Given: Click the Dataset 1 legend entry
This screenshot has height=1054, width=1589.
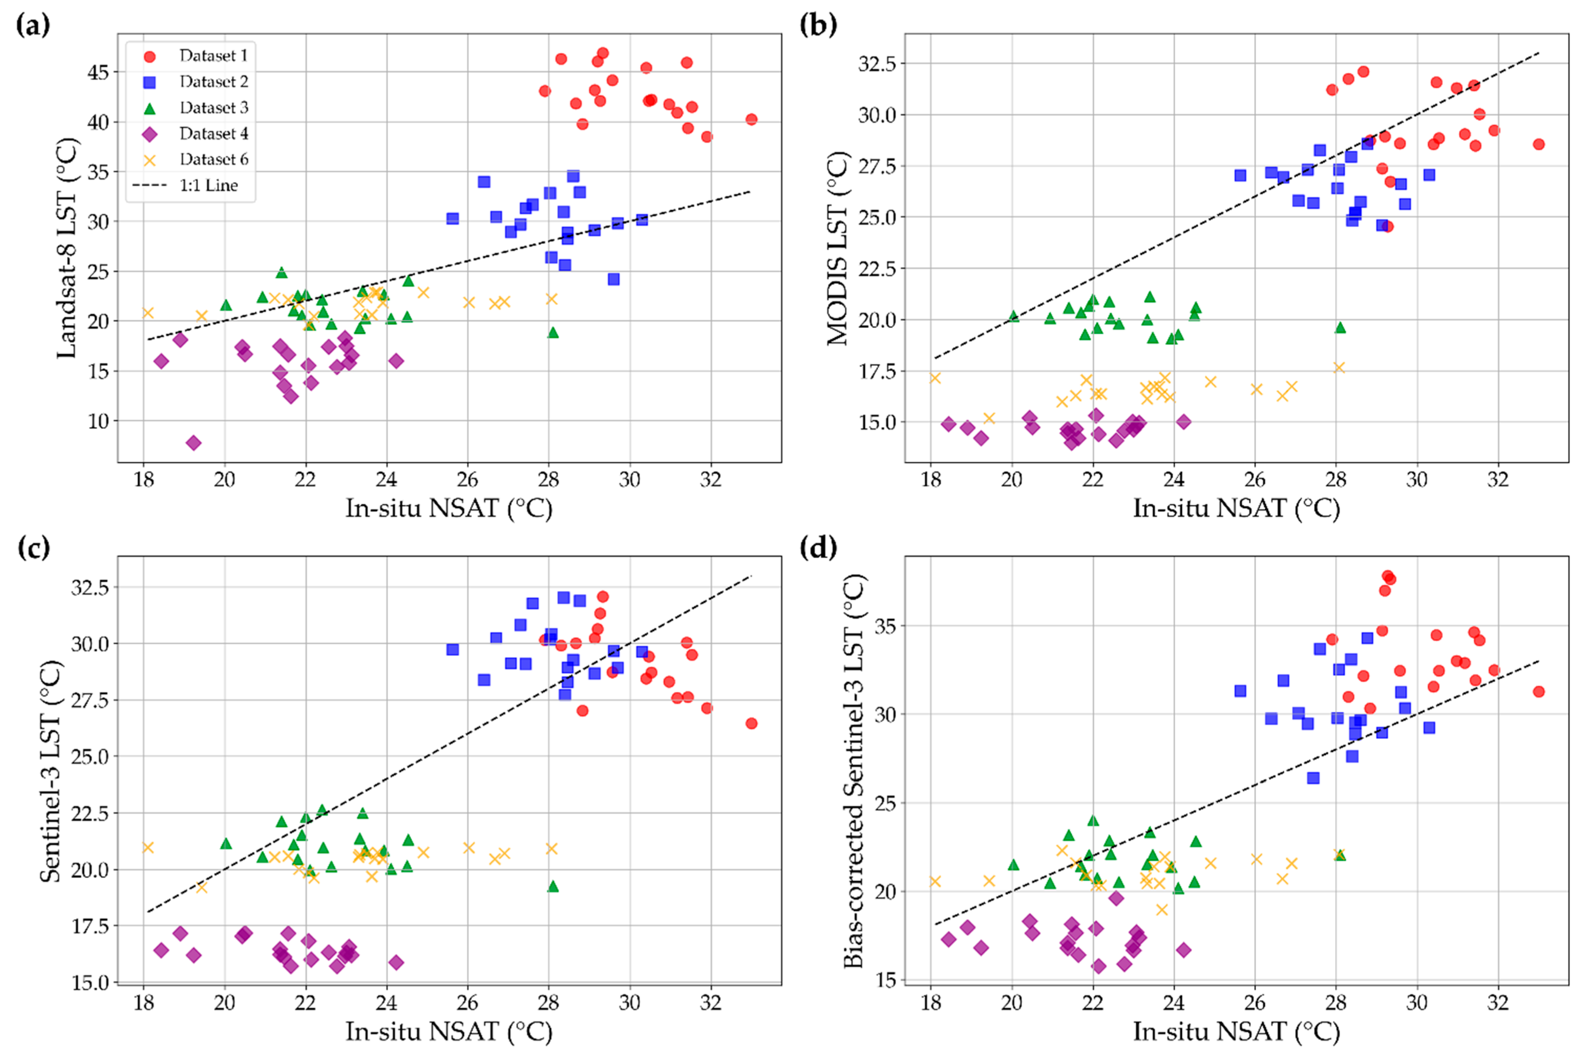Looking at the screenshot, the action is (195, 56).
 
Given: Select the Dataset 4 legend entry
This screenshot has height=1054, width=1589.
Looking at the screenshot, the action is (195, 134).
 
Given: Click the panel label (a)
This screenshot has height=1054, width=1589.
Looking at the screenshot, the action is (32, 25).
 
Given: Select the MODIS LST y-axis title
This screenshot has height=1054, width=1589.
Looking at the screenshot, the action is (838, 248).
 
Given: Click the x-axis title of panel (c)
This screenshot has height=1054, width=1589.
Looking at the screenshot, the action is (449, 1031).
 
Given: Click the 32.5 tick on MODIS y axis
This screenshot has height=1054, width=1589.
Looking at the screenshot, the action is (877, 63).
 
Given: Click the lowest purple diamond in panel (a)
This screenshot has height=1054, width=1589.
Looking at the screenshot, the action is (193, 442).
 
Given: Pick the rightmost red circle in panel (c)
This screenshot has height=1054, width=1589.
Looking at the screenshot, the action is (751, 723).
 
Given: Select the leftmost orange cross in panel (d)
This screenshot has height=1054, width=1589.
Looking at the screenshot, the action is (935, 881).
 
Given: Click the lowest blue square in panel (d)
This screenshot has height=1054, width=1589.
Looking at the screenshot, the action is (1313, 778).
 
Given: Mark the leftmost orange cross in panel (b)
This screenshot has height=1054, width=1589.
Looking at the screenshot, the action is (935, 378).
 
